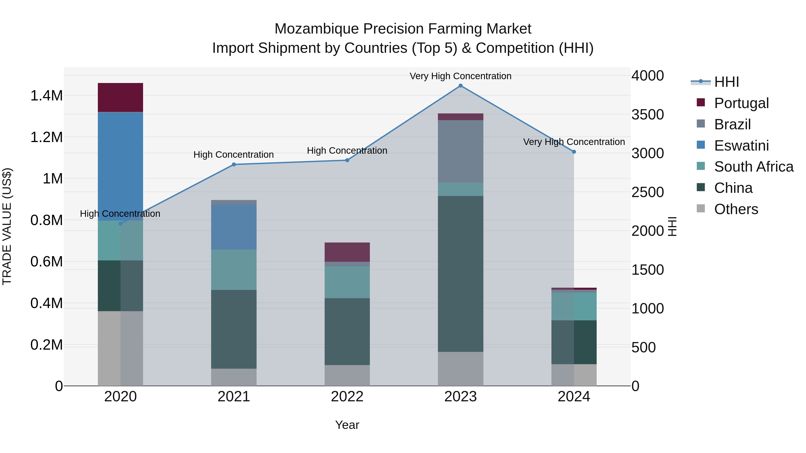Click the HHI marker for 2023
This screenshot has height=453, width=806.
[x=460, y=86]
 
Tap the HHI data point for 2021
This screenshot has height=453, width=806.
[x=234, y=164]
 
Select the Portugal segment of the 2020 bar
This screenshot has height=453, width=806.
[x=120, y=98]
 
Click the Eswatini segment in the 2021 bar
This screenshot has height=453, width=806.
[x=234, y=227]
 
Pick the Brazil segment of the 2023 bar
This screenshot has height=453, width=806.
[x=460, y=151]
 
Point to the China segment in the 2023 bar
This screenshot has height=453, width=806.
[x=460, y=274]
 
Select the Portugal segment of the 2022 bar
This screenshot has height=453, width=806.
[x=347, y=252]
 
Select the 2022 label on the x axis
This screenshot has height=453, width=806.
[x=347, y=397]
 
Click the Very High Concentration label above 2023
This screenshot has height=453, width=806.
[x=460, y=76]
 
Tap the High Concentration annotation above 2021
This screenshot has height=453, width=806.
[x=234, y=154]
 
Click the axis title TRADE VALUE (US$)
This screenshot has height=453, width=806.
[x=7, y=226]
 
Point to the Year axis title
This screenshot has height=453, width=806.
[x=347, y=425]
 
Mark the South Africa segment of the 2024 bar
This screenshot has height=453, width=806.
[x=574, y=306]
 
